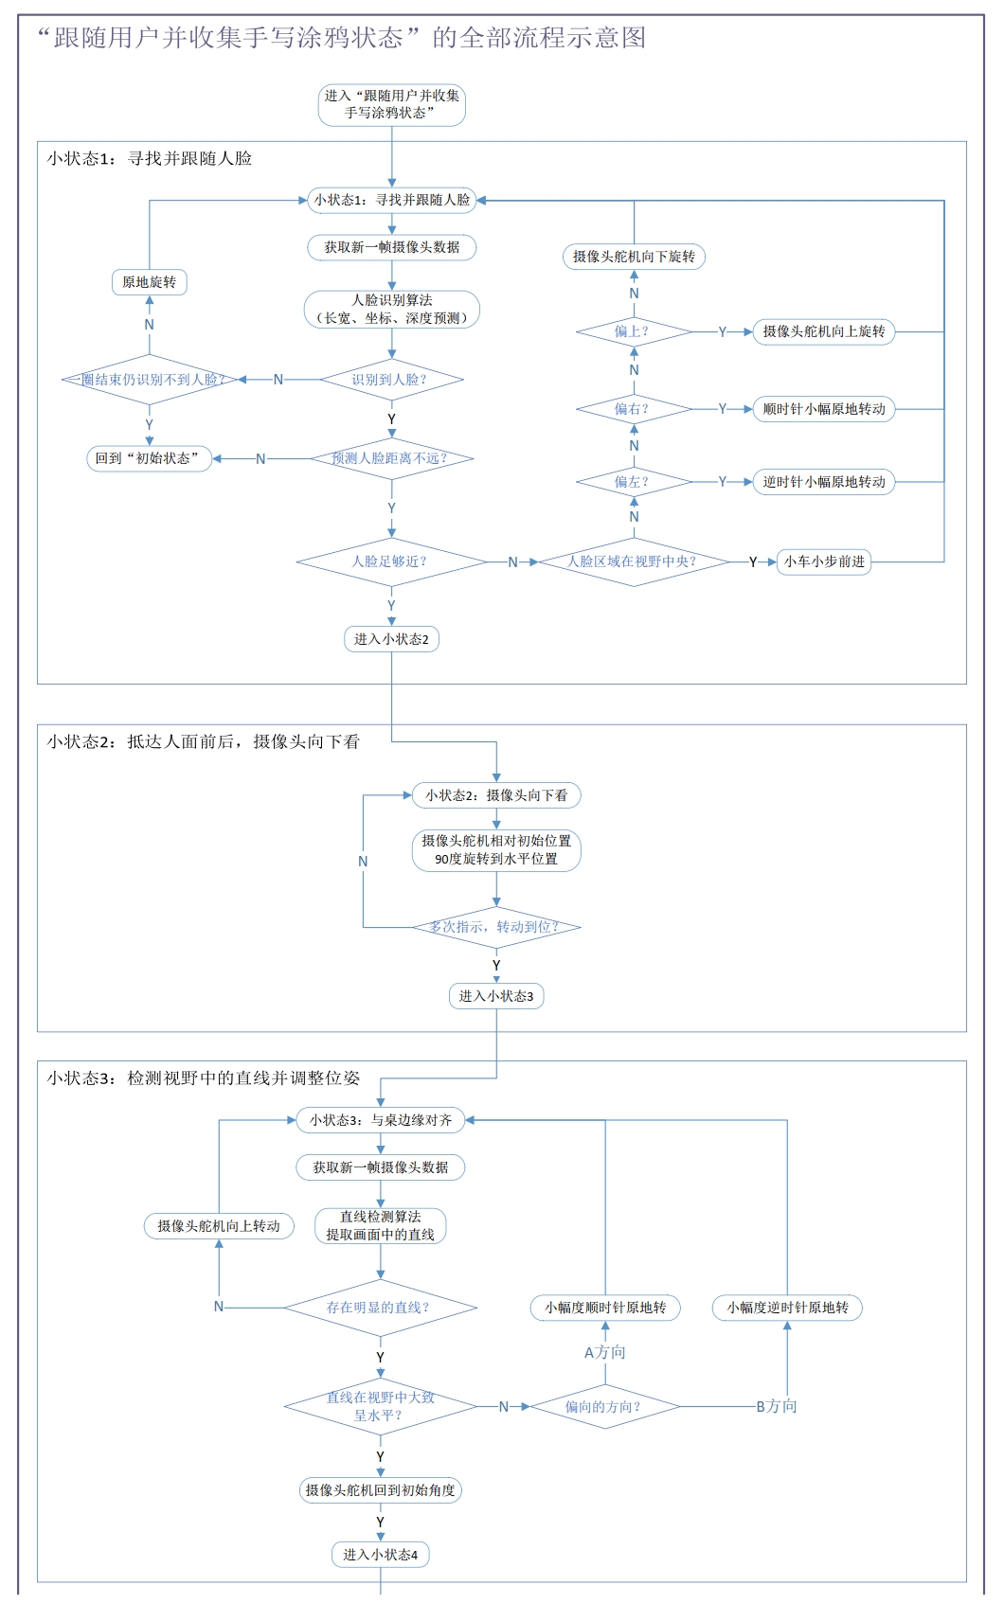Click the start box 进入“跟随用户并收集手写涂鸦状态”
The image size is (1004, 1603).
tap(391, 104)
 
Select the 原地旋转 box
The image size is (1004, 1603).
tap(149, 282)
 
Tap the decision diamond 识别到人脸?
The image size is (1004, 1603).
tap(391, 380)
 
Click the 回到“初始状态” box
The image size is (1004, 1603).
tap(149, 458)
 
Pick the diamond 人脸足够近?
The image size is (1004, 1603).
tap(391, 561)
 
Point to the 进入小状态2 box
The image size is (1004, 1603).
tap(391, 639)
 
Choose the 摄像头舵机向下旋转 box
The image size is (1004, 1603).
tap(634, 257)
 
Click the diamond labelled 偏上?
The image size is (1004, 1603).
tap(634, 331)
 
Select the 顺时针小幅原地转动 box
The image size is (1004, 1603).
tap(824, 409)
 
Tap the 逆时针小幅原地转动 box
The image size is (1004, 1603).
tap(824, 482)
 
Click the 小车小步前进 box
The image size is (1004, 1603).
tap(824, 561)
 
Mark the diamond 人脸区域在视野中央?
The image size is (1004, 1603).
tap(634, 561)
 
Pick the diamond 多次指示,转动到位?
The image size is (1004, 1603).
tap(495, 927)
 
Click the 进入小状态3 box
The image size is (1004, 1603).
tap(495, 996)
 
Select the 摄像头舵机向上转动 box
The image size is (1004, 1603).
tap(219, 1226)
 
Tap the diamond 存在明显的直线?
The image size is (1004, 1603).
tap(380, 1308)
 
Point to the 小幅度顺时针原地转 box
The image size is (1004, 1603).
tap(605, 1308)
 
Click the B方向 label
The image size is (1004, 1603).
tap(777, 1406)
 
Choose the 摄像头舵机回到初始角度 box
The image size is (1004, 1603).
tap(380, 1490)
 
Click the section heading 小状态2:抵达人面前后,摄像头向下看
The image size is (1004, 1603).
tap(204, 741)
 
